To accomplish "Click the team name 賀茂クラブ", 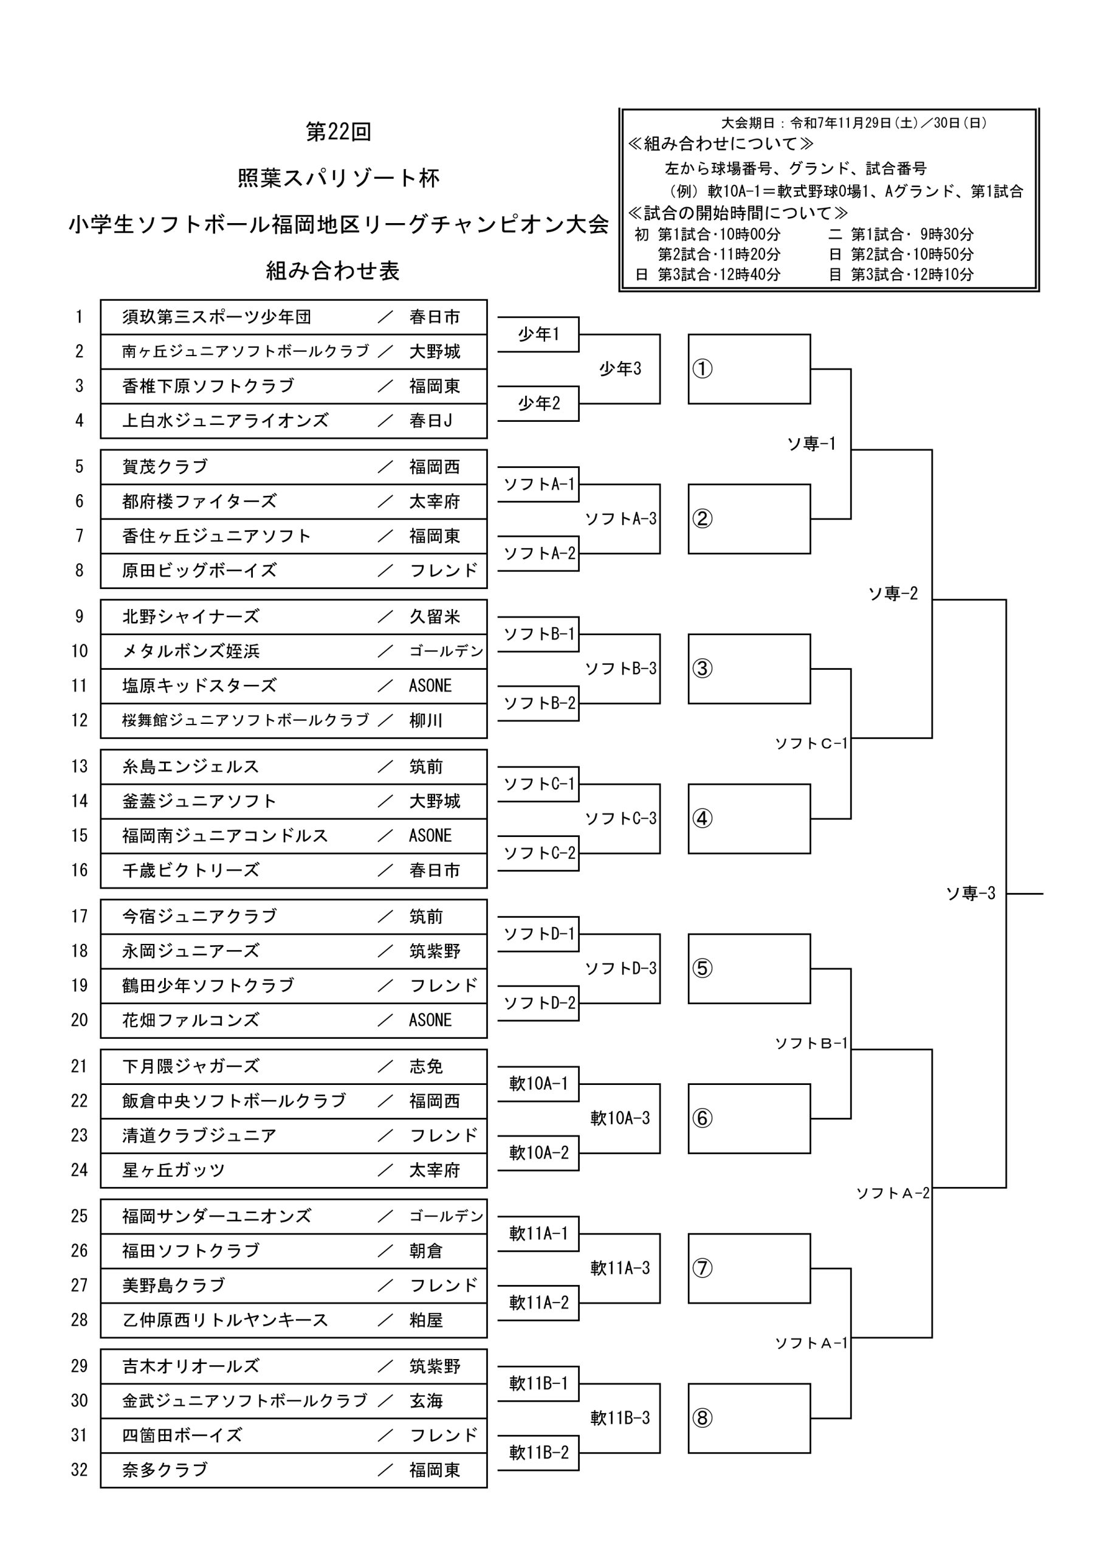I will click(165, 467).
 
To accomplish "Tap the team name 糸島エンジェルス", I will click(190, 766).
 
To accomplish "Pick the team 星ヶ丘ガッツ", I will click(173, 1169).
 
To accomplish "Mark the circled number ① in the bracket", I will click(702, 370).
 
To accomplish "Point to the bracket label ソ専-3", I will click(970, 894).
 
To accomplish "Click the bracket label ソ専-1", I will click(811, 444).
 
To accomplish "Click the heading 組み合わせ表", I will click(333, 271).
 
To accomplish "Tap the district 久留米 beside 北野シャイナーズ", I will click(435, 617).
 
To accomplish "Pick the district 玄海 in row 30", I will click(425, 1400).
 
